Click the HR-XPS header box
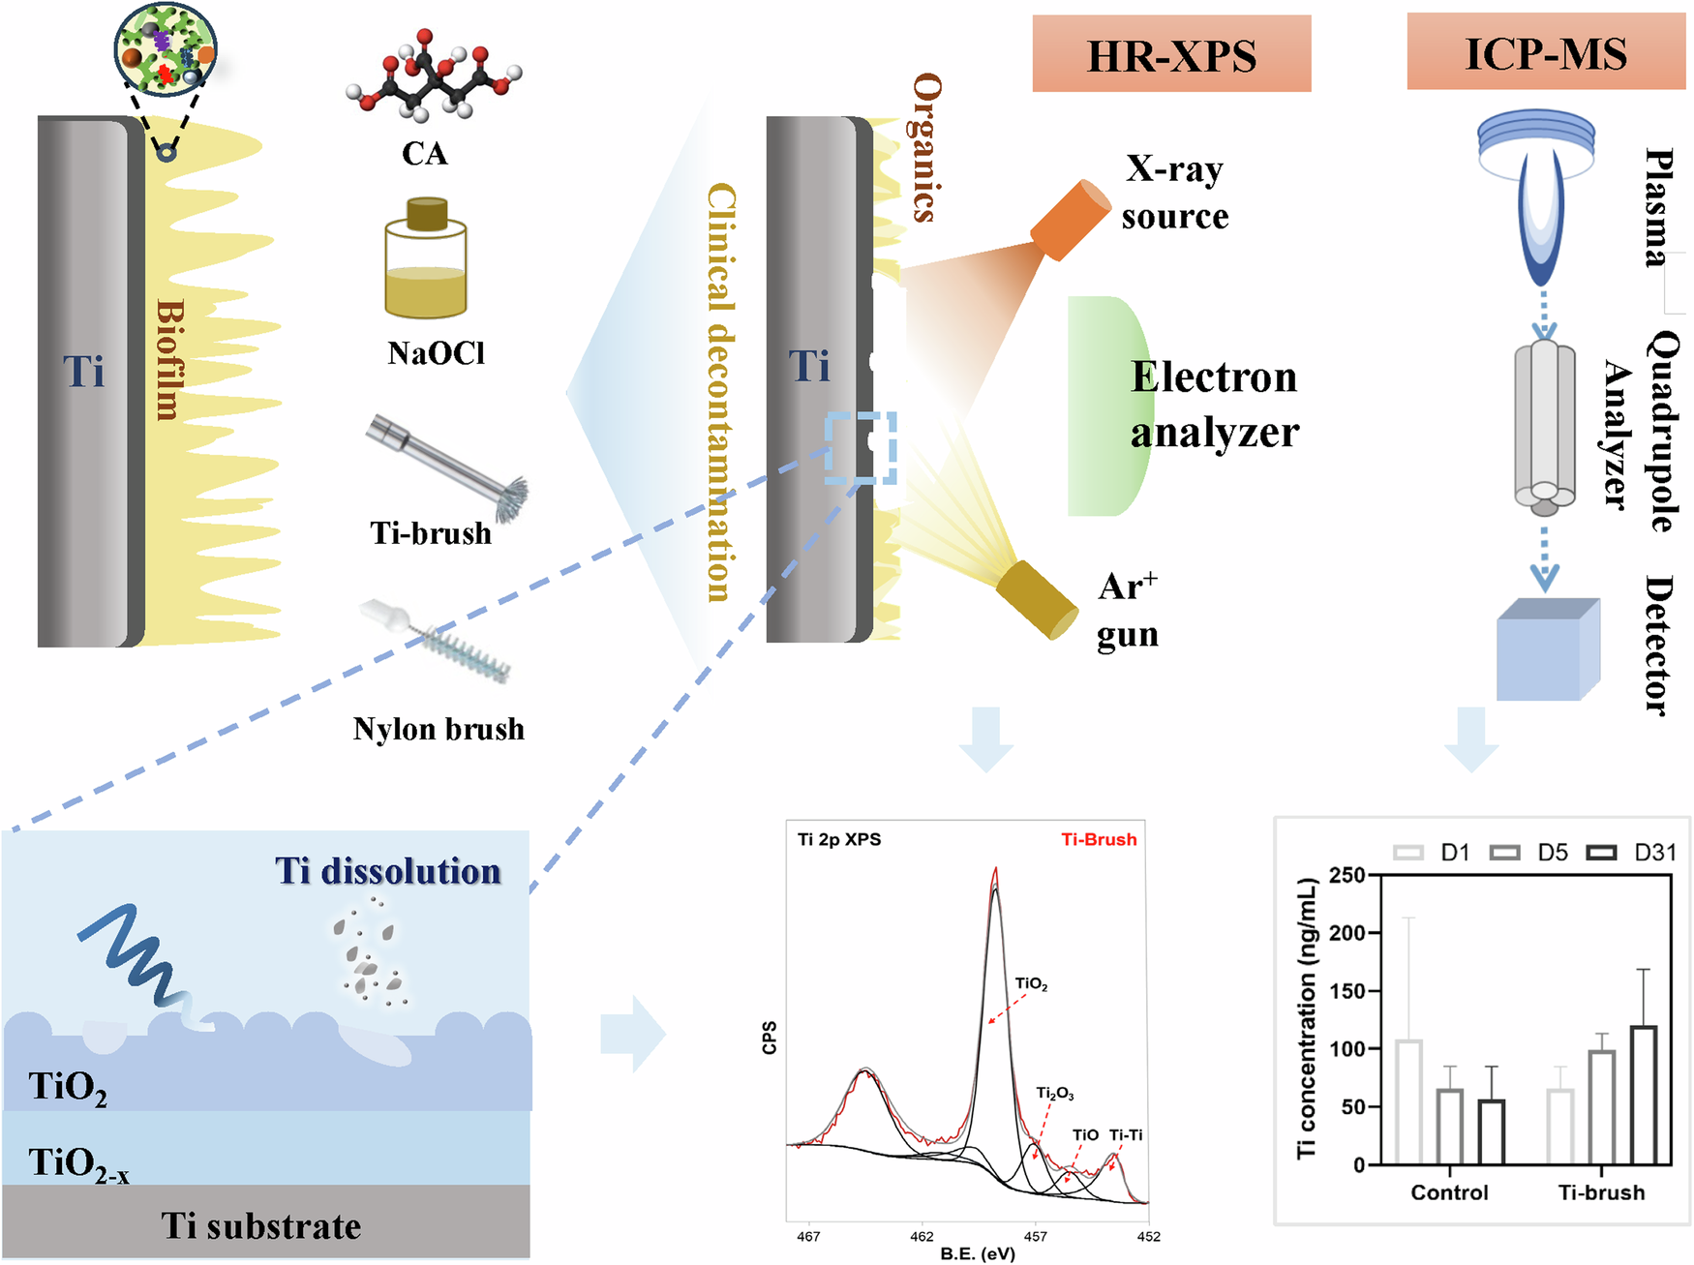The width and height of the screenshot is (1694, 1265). (1171, 55)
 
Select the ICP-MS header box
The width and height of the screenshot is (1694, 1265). (1546, 53)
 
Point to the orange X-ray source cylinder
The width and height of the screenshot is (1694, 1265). (1070, 221)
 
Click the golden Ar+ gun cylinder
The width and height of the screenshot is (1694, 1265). (1037, 599)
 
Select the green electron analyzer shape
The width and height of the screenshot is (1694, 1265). (1108, 407)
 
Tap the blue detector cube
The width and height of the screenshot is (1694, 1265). (1547, 649)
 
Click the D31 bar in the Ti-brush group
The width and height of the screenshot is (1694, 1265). (1643, 1095)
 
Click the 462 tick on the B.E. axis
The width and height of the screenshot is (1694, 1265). (922, 1236)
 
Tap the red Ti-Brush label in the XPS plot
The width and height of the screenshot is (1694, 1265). (1099, 839)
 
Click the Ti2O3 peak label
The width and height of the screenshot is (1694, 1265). (1054, 1093)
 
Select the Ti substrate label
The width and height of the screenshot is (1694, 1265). (261, 1226)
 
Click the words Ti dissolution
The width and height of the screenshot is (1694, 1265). (388, 871)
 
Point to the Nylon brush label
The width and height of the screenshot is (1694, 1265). (439, 729)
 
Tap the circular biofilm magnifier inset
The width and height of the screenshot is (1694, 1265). (166, 48)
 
